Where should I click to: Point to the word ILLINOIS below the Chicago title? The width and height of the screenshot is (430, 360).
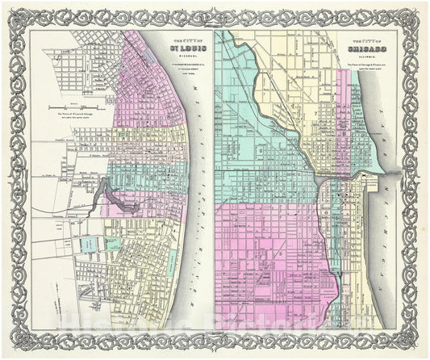click(365, 57)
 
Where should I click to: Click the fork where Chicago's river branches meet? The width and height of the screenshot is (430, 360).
click(320, 179)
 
